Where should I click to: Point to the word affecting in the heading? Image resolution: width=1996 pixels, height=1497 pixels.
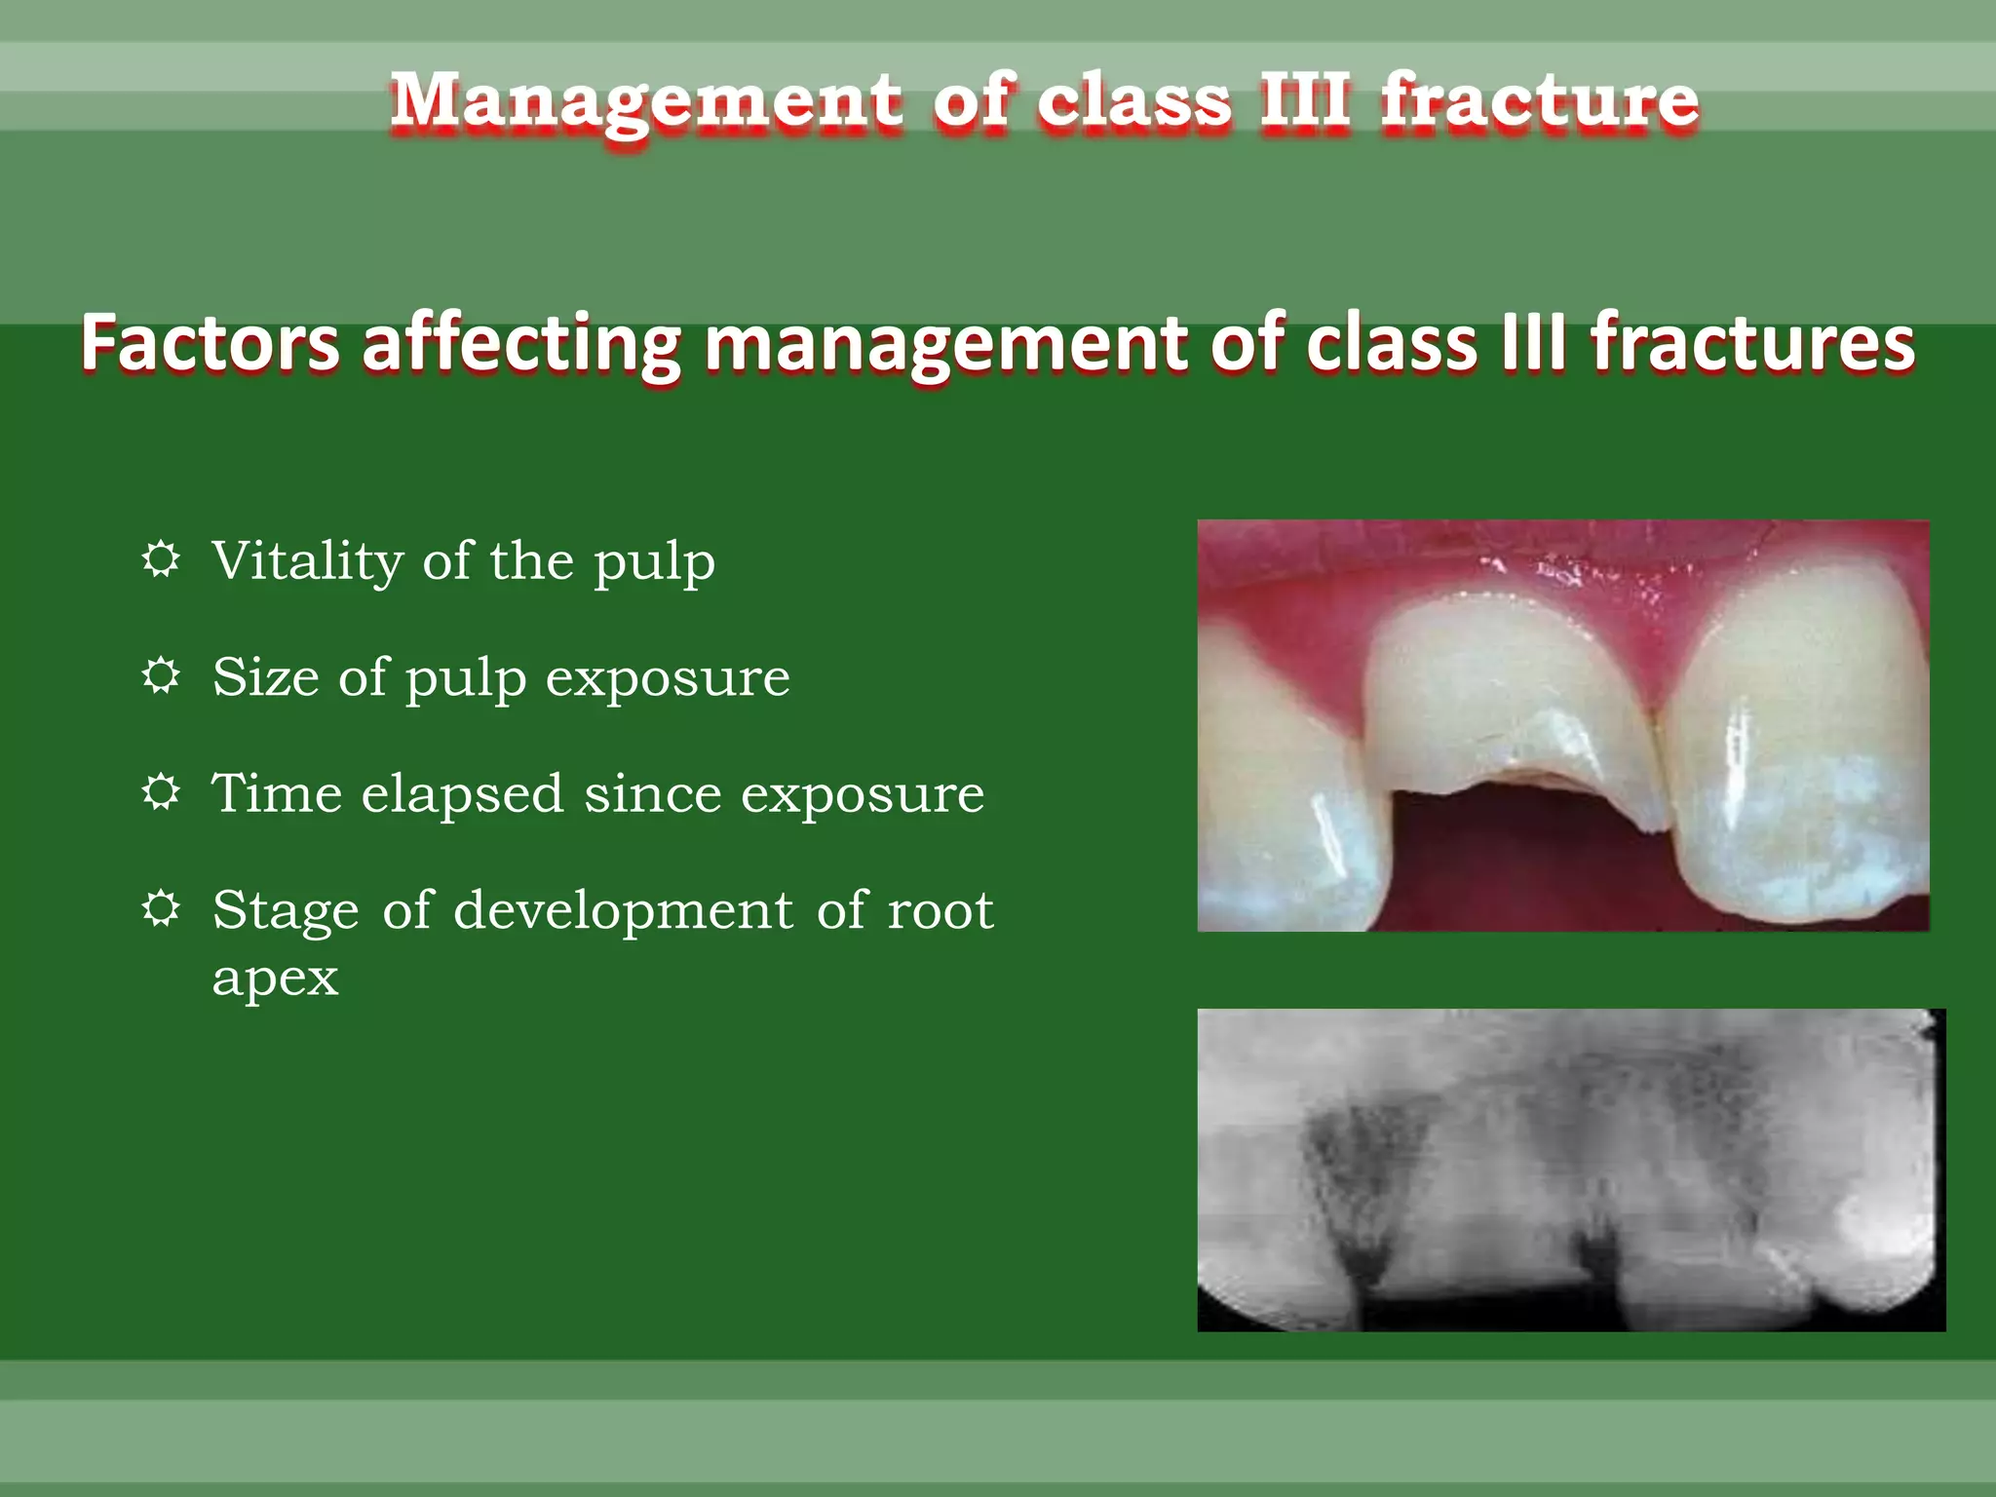point(520,345)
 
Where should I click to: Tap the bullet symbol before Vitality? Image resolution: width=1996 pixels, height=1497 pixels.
point(161,559)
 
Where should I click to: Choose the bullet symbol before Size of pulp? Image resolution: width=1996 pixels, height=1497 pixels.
point(161,675)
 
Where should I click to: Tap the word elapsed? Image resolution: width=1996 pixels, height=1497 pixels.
point(462,794)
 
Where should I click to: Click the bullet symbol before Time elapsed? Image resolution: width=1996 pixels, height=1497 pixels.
point(161,792)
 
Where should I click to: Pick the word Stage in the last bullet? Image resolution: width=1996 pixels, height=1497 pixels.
point(286,912)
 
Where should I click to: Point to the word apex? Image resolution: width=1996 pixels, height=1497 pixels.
point(276,978)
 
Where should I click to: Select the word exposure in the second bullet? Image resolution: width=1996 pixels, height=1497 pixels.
point(668,678)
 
